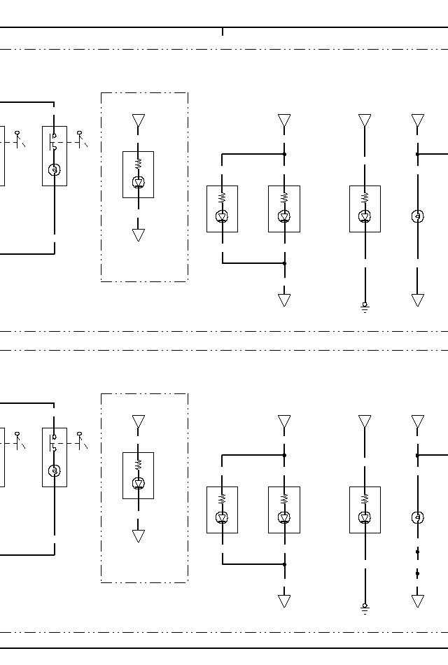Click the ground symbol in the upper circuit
pos(365,307)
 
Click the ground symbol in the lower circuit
pos(365,608)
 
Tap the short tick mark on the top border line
pos(223,31)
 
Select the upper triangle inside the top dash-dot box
pos(139,121)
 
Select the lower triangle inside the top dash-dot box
pos(139,234)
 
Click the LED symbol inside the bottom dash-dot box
pos(139,484)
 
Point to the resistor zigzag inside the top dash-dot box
pos(139,163)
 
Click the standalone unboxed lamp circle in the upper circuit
pos(418,216)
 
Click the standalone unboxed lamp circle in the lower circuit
pos(418,518)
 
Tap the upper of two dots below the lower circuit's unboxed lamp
pos(418,552)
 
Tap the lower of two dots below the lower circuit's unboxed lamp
pos(418,573)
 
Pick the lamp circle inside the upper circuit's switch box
pos(55,169)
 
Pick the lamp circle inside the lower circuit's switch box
pos(55,470)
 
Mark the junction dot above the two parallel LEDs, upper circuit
pos(284,154)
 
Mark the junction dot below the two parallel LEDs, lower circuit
pos(284,564)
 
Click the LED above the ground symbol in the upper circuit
pos(365,217)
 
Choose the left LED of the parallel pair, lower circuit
pos(222,518)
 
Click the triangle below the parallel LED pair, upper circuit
pos(284,300)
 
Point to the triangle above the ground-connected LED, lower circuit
pos(365,421)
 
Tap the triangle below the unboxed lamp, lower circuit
pos(418,601)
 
